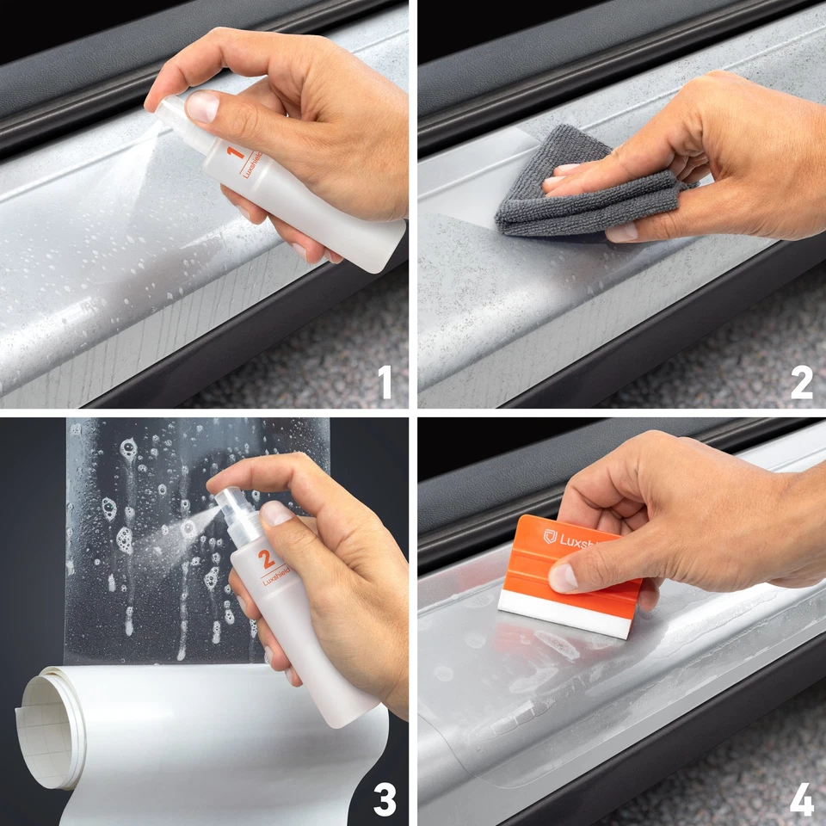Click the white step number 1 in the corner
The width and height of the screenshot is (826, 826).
tap(385, 382)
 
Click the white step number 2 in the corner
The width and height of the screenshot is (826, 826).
tap(801, 382)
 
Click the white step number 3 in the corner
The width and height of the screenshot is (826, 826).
tap(384, 799)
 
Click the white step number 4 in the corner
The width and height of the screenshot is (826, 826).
tap(801, 799)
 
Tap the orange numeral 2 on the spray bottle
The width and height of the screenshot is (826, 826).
tap(268, 558)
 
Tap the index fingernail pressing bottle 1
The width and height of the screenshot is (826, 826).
tap(202, 107)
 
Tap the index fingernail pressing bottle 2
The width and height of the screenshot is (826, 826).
tap(277, 513)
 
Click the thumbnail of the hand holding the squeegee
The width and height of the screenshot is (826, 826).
tap(564, 576)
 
